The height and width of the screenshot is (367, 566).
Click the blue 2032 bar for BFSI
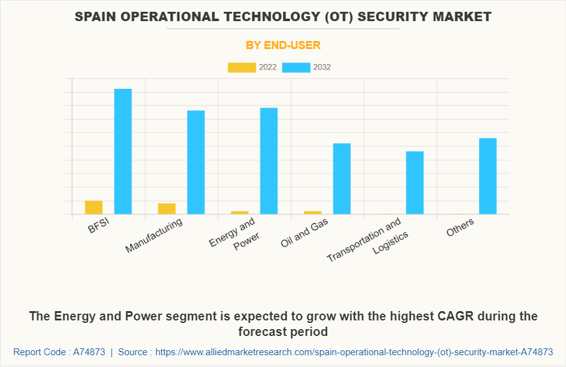pyautogui.click(x=123, y=152)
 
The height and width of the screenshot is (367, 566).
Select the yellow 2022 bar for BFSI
pyautogui.click(x=94, y=207)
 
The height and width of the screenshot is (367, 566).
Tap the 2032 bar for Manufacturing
pyautogui.click(x=196, y=162)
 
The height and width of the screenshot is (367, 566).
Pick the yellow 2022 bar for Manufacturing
pyautogui.click(x=166, y=209)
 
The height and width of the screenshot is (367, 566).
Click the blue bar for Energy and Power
pyautogui.click(x=269, y=161)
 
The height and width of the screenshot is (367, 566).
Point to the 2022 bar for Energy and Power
pyautogui.click(x=240, y=212)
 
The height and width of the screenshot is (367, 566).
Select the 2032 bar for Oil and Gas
pyautogui.click(x=342, y=179)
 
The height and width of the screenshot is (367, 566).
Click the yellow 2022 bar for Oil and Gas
pyautogui.click(x=312, y=212)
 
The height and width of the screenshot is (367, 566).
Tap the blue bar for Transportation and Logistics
pyautogui.click(x=415, y=183)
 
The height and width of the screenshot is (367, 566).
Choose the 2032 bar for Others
pyautogui.click(x=488, y=176)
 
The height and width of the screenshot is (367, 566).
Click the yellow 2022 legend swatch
pyautogui.click(x=241, y=67)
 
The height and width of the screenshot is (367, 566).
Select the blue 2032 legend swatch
pyautogui.click(x=296, y=67)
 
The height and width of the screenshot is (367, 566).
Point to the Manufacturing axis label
pyautogui.click(x=155, y=235)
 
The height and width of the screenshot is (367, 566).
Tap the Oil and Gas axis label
pyautogui.click(x=305, y=232)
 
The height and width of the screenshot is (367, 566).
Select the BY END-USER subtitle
pyautogui.click(x=283, y=45)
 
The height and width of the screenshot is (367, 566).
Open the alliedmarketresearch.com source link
pyautogui.click(x=354, y=352)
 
